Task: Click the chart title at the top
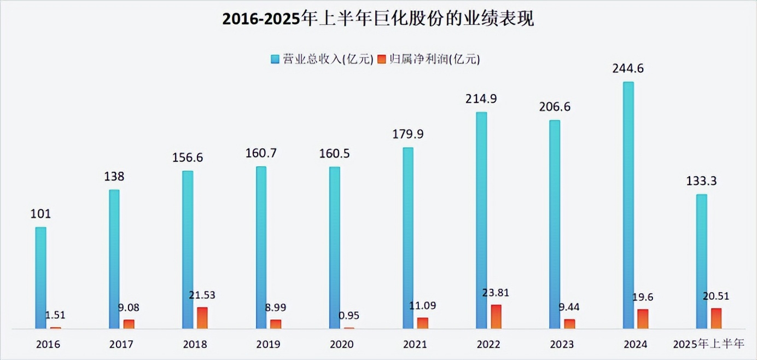pyautogui.click(x=378, y=20)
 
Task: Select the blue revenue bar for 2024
pyautogui.click(x=628, y=205)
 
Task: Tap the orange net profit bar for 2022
pyautogui.click(x=496, y=317)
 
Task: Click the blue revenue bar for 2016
pyautogui.click(x=40, y=278)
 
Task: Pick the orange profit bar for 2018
pyautogui.click(x=202, y=318)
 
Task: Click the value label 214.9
pyautogui.click(x=481, y=99)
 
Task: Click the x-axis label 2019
pyautogui.click(x=269, y=345)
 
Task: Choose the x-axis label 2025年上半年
pyautogui.click(x=709, y=345)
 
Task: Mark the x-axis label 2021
pyautogui.click(x=415, y=345)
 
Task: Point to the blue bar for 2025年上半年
pyautogui.click(x=702, y=262)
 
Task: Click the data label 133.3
pyautogui.click(x=702, y=181)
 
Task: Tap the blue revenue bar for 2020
pyautogui.click(x=334, y=247)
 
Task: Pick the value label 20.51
pyautogui.click(x=717, y=295)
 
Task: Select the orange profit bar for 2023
pyautogui.click(x=569, y=324)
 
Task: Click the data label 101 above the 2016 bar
pyautogui.click(x=40, y=214)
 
